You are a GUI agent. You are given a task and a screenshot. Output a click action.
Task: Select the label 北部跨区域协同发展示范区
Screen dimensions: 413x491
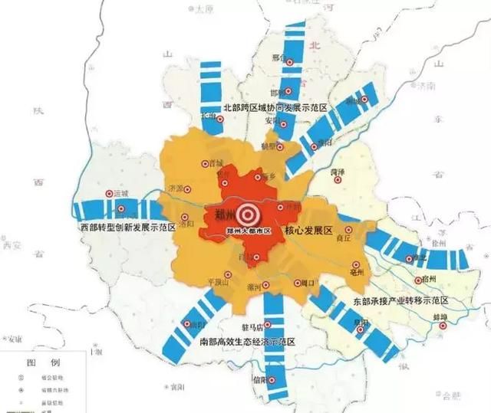275,109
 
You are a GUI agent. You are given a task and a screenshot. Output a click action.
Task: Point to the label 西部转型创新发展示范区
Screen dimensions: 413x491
127,228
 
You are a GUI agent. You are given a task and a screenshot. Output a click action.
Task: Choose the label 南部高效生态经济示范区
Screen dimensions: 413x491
246,340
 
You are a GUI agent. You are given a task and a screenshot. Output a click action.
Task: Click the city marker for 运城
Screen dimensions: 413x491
109,195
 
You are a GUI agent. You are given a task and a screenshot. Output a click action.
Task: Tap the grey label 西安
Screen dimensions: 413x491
15,245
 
